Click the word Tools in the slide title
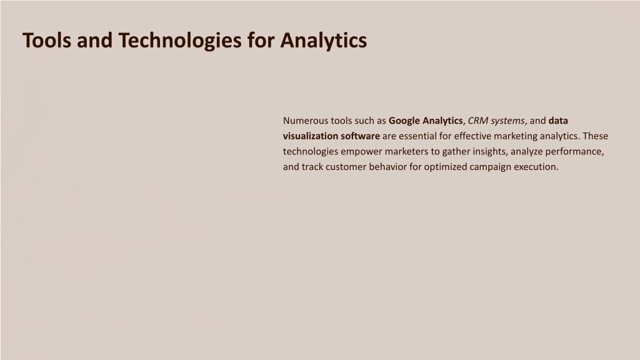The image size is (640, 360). [47, 41]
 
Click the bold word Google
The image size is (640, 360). [404, 121]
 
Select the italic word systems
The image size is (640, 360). [507, 121]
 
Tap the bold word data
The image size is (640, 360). [558, 121]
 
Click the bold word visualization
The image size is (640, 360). [311, 136]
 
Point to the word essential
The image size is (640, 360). [417, 136]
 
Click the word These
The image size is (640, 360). [596, 136]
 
